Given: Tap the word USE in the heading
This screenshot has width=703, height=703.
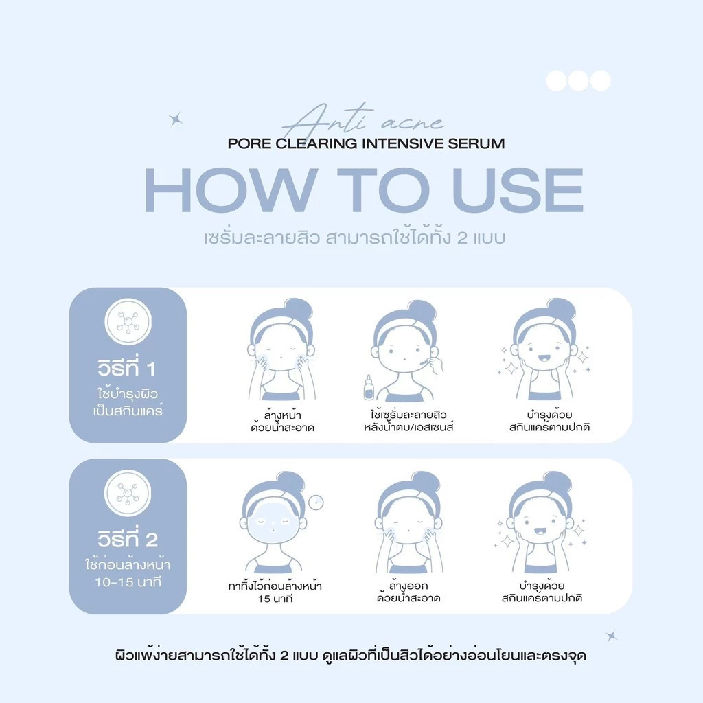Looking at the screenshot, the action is (x=518, y=190).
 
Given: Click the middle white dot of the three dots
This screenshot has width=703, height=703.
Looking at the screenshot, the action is (x=578, y=81).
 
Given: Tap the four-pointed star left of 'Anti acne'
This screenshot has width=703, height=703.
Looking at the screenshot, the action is (x=175, y=119).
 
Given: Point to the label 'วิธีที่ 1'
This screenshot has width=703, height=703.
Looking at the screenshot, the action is (x=127, y=368).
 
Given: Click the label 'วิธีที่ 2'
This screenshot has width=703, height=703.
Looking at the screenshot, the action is (x=128, y=538).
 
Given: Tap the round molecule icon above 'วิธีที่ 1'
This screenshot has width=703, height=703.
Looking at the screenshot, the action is (x=128, y=321).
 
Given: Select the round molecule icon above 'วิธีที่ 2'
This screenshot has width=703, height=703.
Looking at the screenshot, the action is (x=128, y=493).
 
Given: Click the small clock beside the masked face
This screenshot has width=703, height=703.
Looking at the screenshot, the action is (x=316, y=503).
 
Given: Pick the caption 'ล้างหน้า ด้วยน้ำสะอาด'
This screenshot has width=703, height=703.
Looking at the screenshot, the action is (x=282, y=421).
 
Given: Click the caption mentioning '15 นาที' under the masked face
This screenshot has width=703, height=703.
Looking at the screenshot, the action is (x=275, y=592).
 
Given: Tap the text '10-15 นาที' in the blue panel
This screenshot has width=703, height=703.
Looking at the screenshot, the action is (x=128, y=582).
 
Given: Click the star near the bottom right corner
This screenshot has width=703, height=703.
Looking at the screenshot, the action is (x=611, y=636).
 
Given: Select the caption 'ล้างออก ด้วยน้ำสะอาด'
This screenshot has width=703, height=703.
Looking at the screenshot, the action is (x=408, y=592).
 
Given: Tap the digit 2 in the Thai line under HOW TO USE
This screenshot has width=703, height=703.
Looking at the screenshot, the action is (x=462, y=238).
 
